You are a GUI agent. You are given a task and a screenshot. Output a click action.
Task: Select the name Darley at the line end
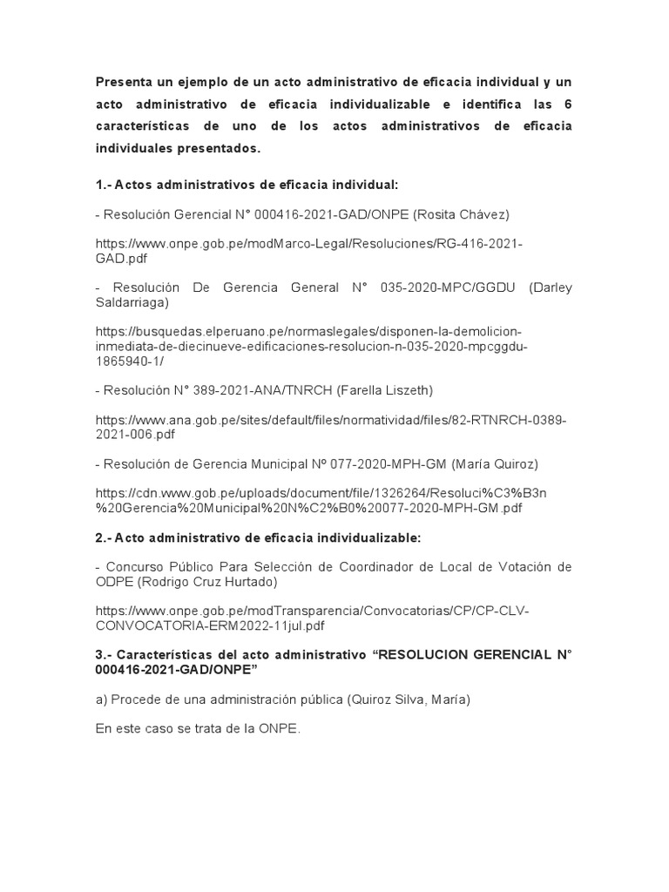[551, 288]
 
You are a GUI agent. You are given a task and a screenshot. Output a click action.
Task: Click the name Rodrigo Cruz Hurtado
[228, 581]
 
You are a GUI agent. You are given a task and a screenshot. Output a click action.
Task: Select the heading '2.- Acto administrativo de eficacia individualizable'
[258, 538]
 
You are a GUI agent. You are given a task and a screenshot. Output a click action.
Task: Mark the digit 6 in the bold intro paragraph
[568, 105]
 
